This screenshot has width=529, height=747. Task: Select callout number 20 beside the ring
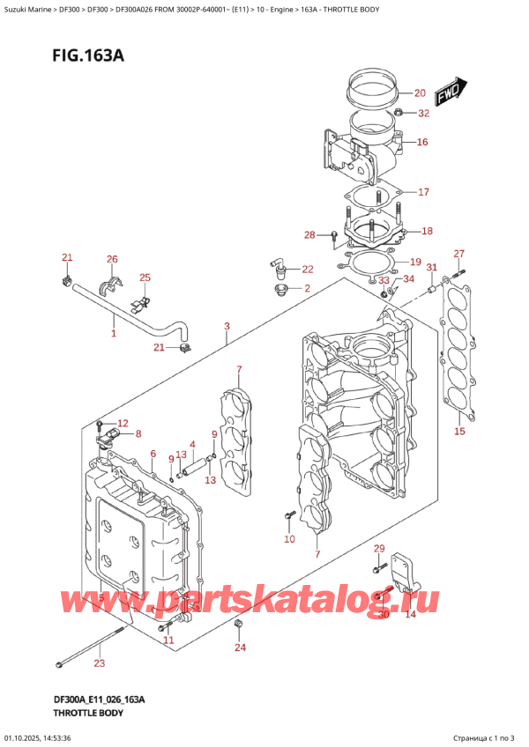419,92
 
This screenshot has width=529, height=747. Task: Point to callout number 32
423,113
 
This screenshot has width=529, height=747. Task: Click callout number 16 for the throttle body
422,142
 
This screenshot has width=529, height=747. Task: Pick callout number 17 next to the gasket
423,192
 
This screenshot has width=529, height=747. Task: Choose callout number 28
309,234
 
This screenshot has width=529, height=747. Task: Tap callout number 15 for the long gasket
458,432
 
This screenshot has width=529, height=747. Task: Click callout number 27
458,255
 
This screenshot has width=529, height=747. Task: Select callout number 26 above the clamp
112,259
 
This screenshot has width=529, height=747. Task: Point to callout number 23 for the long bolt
100,664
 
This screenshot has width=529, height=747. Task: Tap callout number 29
379,550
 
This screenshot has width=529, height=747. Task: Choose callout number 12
123,424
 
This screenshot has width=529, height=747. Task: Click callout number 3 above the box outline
227,327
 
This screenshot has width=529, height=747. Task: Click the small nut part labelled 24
239,625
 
